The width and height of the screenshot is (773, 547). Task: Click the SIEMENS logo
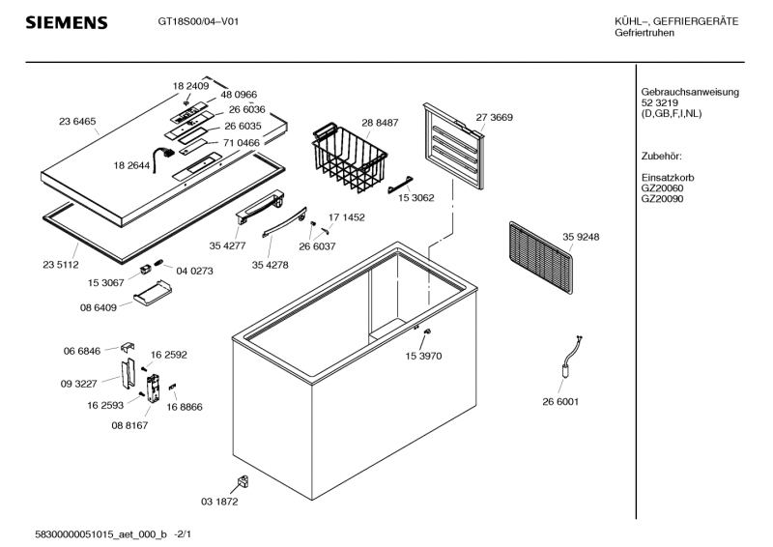pyautogui.click(x=66, y=22)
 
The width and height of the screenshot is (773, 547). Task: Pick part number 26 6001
pyautogui.click(x=561, y=401)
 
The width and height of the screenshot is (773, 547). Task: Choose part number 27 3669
pyautogui.click(x=494, y=117)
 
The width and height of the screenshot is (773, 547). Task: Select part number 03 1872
pyautogui.click(x=219, y=502)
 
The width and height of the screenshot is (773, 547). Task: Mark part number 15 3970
pyautogui.click(x=422, y=356)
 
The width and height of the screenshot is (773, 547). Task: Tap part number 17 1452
pyautogui.click(x=347, y=217)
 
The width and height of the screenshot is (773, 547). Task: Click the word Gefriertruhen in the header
pyautogui.click(x=644, y=33)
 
